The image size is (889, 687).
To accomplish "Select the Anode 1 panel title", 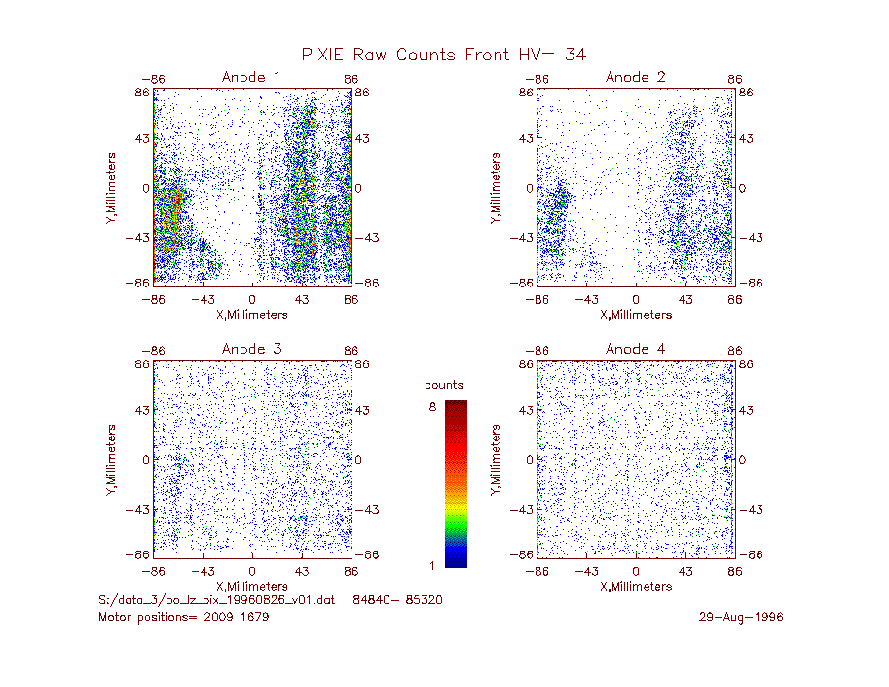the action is pyautogui.click(x=251, y=77).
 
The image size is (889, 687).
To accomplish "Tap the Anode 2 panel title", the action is pyautogui.click(x=635, y=77).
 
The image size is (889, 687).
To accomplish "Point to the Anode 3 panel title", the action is pyautogui.click(x=251, y=349).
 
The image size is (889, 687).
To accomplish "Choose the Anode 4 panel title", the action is pyautogui.click(x=635, y=349).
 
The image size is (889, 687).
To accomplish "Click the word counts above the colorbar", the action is pyautogui.click(x=444, y=385).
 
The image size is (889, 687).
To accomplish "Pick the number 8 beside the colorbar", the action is pyautogui.click(x=432, y=407).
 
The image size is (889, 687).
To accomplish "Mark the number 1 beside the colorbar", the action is pyautogui.click(x=432, y=565).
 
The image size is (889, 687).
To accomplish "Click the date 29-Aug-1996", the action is pyautogui.click(x=740, y=617).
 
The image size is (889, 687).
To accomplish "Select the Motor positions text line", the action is pyautogui.click(x=184, y=617).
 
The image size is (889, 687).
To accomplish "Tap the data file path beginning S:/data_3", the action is pyautogui.click(x=216, y=600).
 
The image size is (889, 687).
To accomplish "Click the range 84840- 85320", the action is pyautogui.click(x=397, y=600).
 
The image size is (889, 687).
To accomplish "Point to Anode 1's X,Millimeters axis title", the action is pyautogui.click(x=252, y=315).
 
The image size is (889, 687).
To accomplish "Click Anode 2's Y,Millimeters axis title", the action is pyautogui.click(x=496, y=188).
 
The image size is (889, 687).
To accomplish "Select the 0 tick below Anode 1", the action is pyautogui.click(x=252, y=299).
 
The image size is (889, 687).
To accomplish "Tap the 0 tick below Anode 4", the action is pyautogui.click(x=636, y=571).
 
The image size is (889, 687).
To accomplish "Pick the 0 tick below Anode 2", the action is pyautogui.click(x=636, y=299).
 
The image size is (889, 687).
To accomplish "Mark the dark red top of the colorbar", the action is pyautogui.click(x=456, y=406).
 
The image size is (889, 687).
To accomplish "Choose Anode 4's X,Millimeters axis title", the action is pyautogui.click(x=636, y=586).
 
